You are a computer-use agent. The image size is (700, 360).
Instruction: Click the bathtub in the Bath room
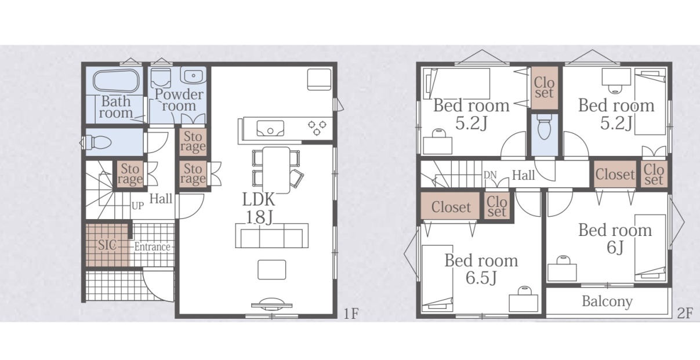[116, 82]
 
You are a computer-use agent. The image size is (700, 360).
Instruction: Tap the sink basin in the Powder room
[194, 75]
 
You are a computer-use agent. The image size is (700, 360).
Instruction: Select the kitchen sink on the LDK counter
[270, 129]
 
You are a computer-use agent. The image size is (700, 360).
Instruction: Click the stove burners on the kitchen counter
[317, 128]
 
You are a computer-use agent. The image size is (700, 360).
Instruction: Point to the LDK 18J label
[259, 209]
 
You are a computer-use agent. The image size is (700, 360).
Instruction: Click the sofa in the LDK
[271, 235]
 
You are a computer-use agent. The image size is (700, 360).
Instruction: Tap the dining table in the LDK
[276, 170]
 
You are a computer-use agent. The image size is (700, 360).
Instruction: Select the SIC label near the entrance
[107, 245]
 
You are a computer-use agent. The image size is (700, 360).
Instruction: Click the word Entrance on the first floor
[152, 247]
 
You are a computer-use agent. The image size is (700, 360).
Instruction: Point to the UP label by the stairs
[138, 206]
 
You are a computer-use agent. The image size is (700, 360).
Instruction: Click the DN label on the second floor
[490, 175]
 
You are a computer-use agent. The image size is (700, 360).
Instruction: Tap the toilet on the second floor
[545, 127]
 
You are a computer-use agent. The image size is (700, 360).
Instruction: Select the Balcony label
[607, 301]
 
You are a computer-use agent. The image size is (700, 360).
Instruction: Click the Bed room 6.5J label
[481, 269]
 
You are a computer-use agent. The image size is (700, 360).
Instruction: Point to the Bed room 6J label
[615, 238]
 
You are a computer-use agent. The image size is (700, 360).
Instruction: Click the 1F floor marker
[351, 314]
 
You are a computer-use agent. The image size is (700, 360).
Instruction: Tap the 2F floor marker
[685, 313]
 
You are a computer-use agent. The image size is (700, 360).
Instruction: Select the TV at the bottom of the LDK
[271, 304]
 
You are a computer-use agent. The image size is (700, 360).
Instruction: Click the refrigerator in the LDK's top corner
[319, 79]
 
